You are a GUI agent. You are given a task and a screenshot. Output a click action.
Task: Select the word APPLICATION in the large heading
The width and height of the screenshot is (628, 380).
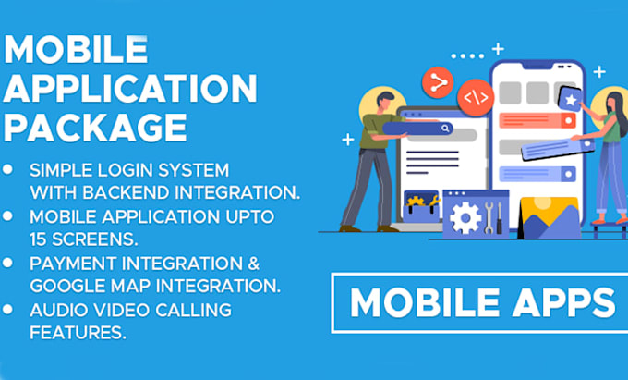click(130, 88)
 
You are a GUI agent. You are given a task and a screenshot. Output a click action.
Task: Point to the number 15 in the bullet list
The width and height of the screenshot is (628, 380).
click(42, 237)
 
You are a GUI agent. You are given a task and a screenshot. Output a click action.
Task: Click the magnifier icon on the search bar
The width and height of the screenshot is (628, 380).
click(446, 129)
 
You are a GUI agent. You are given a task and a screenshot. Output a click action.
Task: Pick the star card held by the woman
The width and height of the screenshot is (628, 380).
click(570, 98)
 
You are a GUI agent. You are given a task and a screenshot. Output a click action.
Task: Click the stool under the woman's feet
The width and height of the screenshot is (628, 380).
click(606, 225)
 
